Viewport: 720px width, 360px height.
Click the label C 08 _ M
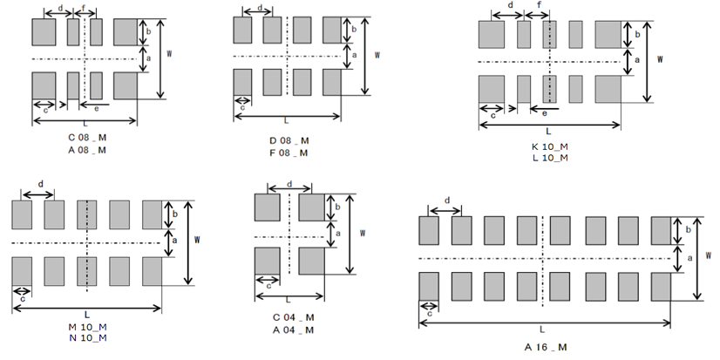[x=87, y=138]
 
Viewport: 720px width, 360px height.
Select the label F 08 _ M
[x=289, y=153]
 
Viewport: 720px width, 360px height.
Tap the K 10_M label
[x=550, y=146]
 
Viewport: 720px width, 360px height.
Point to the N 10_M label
[x=87, y=338]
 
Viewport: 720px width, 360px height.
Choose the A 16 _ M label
[x=546, y=347]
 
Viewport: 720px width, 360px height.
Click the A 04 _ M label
[x=293, y=329]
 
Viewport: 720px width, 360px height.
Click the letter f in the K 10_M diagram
[x=539, y=5]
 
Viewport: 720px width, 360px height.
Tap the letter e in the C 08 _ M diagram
[x=96, y=108]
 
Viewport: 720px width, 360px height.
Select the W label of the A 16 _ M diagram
[x=709, y=255]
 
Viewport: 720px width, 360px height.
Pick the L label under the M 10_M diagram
[x=87, y=315]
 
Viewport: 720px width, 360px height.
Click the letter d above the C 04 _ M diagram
[x=289, y=184]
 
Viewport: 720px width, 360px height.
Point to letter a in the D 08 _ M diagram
[x=354, y=55]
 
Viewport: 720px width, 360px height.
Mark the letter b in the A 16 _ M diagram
[x=688, y=229]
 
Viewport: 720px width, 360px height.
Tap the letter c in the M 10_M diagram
[x=23, y=299]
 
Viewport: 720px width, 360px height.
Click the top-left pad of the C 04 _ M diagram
[x=268, y=207]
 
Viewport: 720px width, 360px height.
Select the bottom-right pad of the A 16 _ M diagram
[x=661, y=287]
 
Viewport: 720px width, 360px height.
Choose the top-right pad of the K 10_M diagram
[x=608, y=35]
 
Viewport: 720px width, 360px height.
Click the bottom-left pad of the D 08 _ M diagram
[x=242, y=82]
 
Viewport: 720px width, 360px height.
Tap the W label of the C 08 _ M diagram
[x=169, y=54]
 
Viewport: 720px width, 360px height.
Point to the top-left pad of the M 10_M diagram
[x=22, y=214]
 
